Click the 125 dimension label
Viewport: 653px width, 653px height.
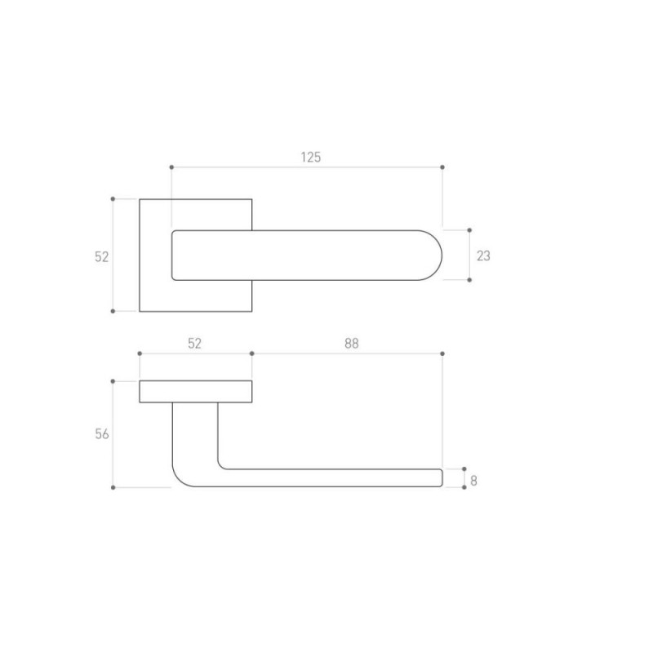click(311, 158)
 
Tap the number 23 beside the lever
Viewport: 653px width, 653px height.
click(483, 255)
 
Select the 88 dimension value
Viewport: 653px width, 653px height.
click(352, 343)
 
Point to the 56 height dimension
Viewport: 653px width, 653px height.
click(101, 434)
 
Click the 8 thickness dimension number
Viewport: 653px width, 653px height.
click(473, 481)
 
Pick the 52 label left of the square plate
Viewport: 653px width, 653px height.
click(101, 257)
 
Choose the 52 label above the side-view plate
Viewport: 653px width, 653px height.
click(194, 343)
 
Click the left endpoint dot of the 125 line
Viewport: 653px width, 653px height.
click(171, 167)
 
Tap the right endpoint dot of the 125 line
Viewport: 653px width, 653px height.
click(442, 167)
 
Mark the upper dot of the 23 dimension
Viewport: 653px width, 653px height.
click(469, 230)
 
